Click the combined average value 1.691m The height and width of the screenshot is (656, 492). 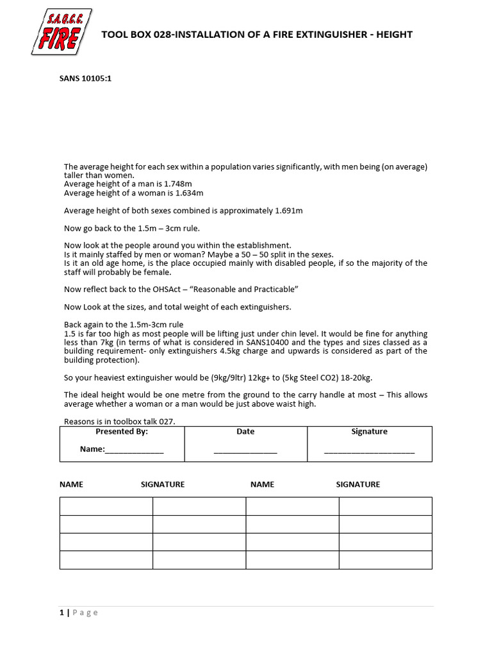coord(288,210)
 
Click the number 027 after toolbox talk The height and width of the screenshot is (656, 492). coord(167,421)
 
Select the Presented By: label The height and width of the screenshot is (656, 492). coord(122,432)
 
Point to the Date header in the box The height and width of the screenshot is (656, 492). coord(245,432)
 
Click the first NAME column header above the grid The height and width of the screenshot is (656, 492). coord(71,484)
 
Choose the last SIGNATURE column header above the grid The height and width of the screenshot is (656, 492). coord(357,484)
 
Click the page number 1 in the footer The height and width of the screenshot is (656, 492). coord(61,612)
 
